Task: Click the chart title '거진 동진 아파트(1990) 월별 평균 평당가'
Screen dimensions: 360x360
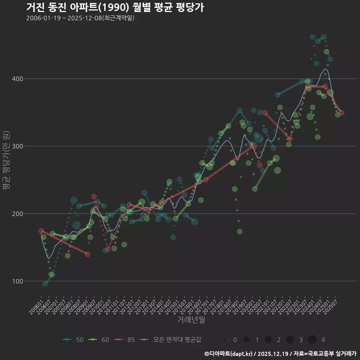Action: pyautogui.click(x=115, y=7)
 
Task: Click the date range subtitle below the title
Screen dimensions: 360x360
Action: pyautogui.click(x=80, y=18)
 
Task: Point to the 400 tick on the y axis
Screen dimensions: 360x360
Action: pyautogui.click(x=18, y=79)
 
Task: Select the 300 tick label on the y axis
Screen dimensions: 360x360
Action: pyautogui.click(x=18, y=146)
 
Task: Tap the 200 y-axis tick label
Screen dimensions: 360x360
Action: pyautogui.click(x=18, y=214)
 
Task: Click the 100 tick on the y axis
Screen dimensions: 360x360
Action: pyautogui.click(x=18, y=281)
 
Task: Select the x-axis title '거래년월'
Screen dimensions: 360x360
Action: pyautogui.click(x=191, y=320)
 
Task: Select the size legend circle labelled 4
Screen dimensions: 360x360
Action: pyautogui.click(x=312, y=340)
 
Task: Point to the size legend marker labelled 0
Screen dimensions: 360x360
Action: pyautogui.click(x=224, y=340)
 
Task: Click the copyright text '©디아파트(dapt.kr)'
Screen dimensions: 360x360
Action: pyautogui.click(x=229, y=354)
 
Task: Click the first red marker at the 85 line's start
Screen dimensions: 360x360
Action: pyautogui.click(x=41, y=231)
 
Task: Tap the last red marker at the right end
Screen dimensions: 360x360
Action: pyautogui.click(x=341, y=113)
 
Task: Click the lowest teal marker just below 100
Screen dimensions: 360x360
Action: pyautogui.click(x=45, y=284)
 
